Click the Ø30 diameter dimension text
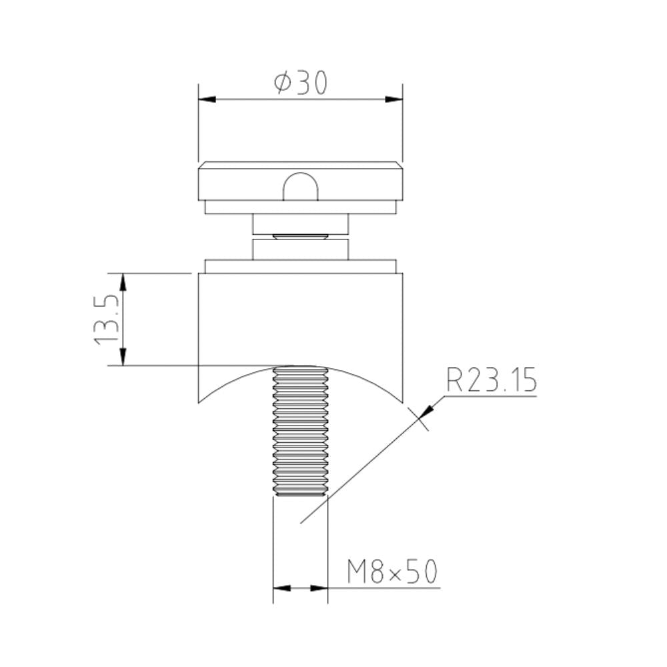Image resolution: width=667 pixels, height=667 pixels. coord(301,83)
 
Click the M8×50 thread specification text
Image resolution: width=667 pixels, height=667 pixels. coord(392,572)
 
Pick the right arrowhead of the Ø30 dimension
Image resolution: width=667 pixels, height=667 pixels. coord(395,100)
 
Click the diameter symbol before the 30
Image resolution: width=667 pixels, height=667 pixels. coord(282,84)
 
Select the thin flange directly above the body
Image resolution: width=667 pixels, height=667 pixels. coord(301,266)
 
